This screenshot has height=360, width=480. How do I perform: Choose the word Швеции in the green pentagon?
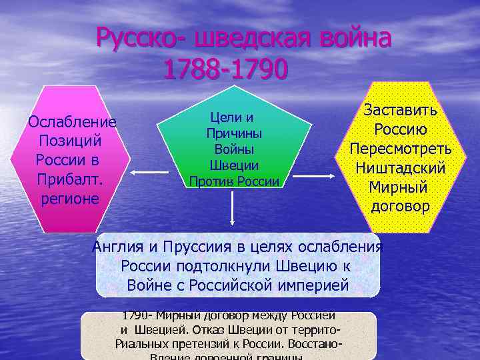click(x=234, y=165)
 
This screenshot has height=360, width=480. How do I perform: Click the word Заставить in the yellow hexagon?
click(x=400, y=110)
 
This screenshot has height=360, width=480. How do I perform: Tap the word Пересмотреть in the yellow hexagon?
click(x=401, y=147)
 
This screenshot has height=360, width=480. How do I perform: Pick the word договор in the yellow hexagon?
click(x=400, y=206)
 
